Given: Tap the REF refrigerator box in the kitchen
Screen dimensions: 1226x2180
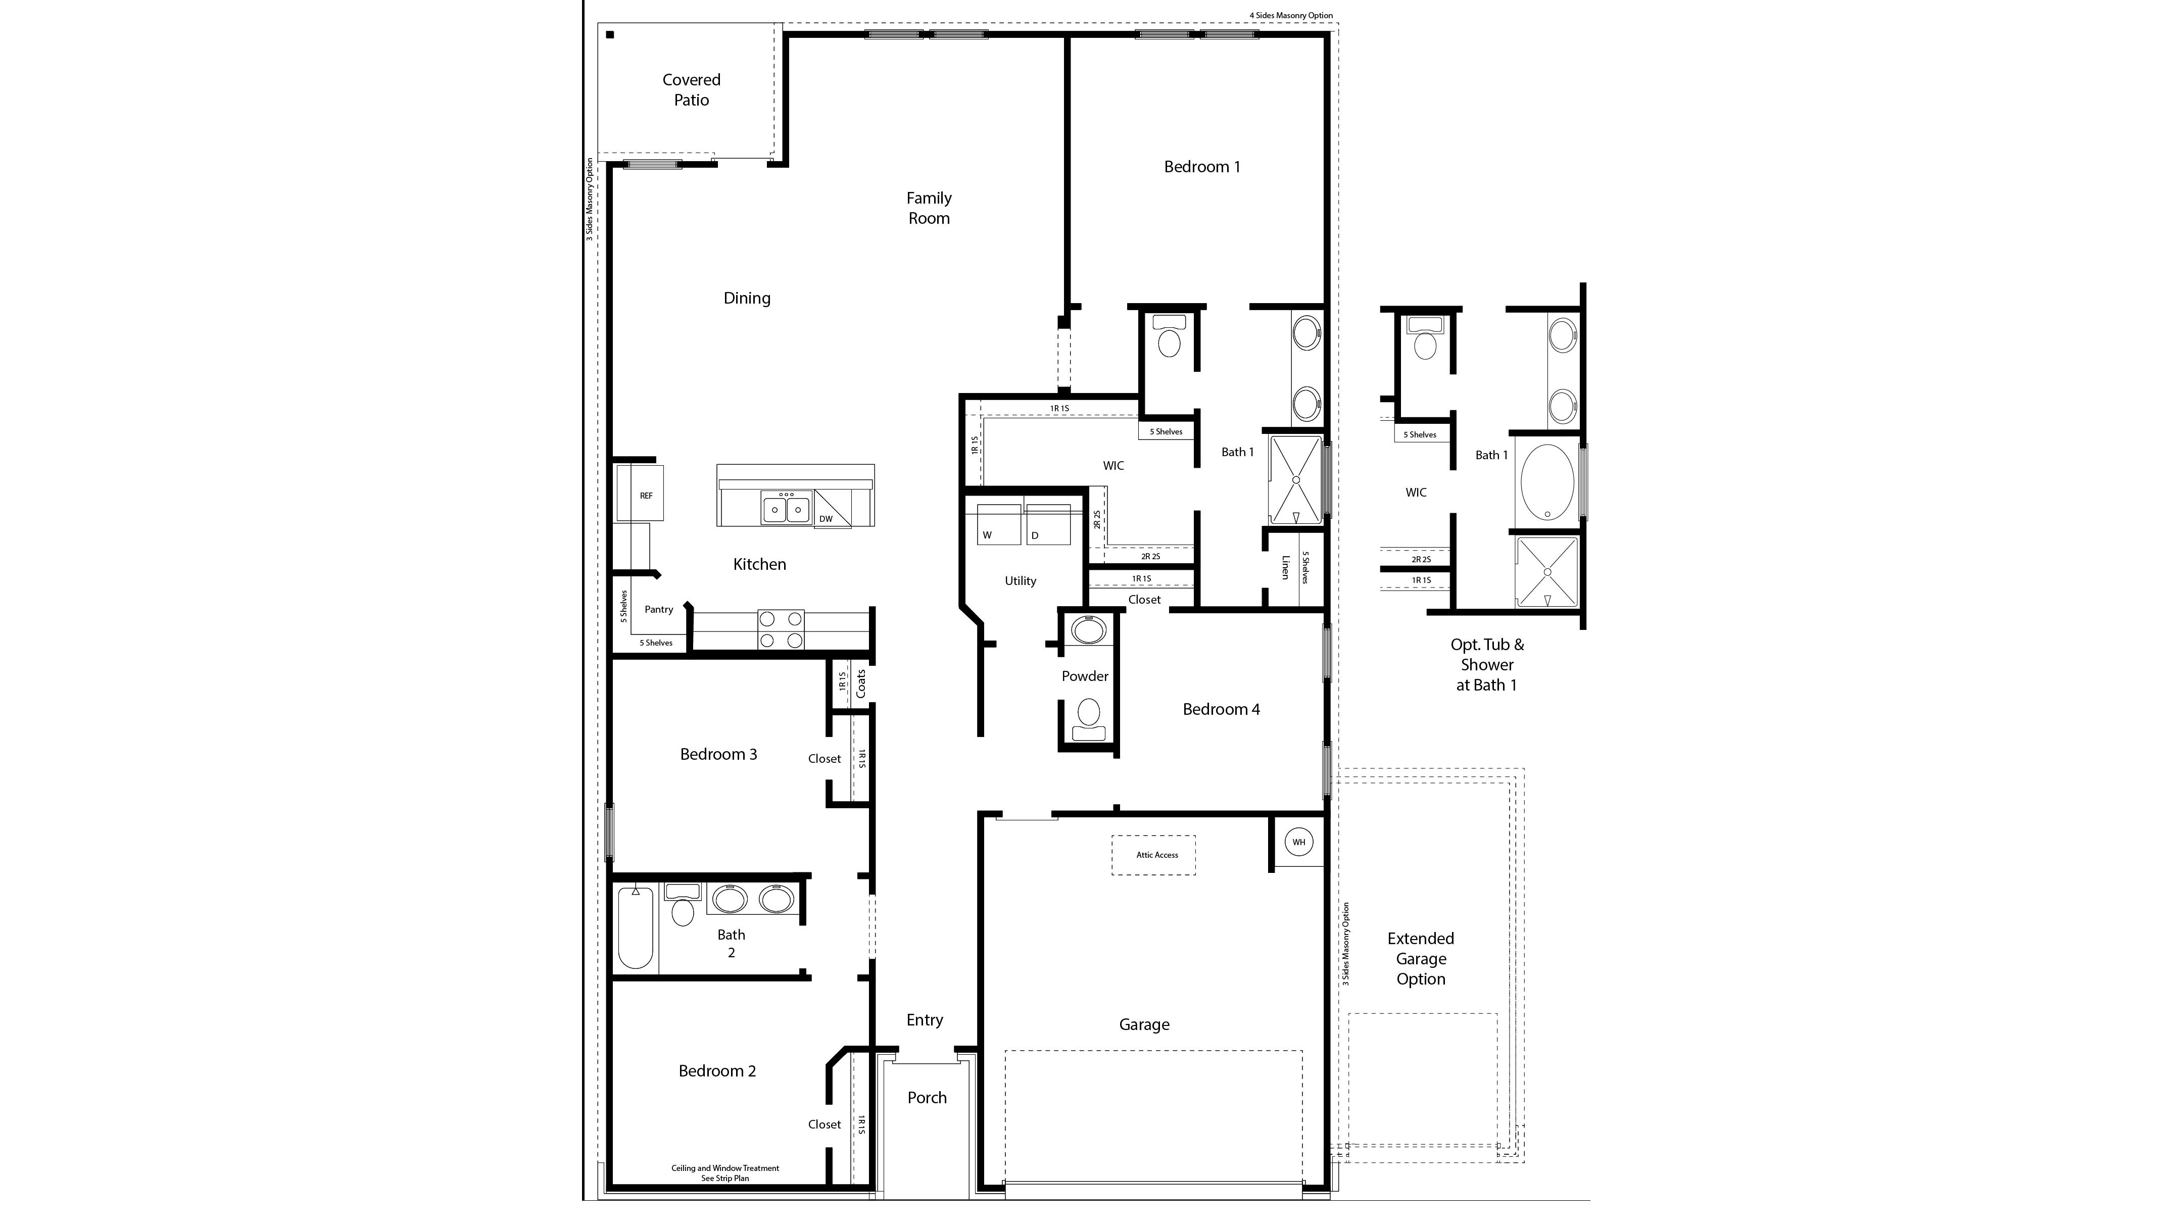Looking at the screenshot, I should tap(646, 495).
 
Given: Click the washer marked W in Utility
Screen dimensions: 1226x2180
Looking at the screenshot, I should tap(999, 524).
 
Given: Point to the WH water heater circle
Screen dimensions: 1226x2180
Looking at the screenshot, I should tap(1298, 842).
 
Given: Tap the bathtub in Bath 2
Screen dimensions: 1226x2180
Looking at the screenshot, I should tap(635, 926).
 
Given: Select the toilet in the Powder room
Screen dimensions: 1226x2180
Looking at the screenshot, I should tap(1088, 717).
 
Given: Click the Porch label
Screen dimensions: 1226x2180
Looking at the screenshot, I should tap(927, 1097).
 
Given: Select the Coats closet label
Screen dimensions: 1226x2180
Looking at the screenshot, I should tap(861, 683).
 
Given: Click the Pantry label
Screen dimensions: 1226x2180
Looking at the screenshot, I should tap(658, 609).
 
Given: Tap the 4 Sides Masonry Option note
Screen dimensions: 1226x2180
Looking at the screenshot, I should tap(1290, 15).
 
